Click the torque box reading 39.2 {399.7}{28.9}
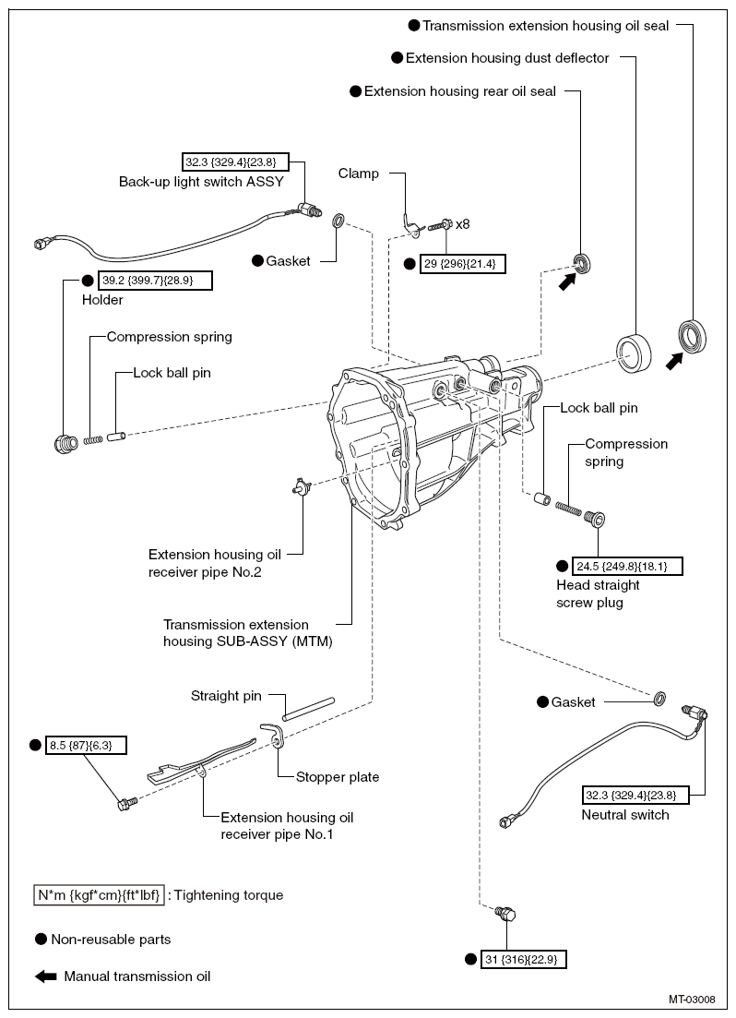pos(154,280)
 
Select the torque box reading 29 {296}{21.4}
pos(463,262)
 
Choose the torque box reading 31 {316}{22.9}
pos(523,959)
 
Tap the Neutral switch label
pos(624,815)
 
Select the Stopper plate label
pos(337,777)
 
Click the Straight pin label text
pos(226,695)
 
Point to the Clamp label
pos(358,173)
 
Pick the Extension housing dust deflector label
pos(507,58)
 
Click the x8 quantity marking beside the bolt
pos(463,223)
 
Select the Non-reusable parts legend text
pos(111,940)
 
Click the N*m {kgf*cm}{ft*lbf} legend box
pos(99,894)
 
